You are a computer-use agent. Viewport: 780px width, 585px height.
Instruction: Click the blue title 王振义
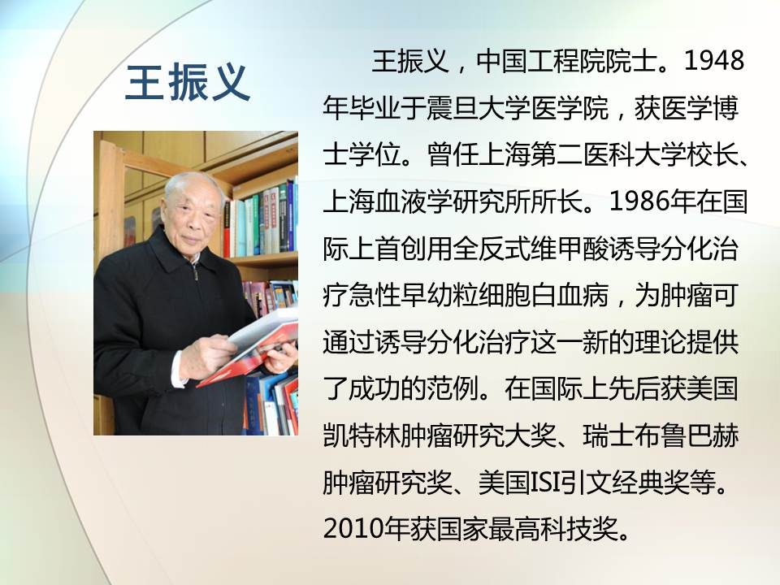coord(188,83)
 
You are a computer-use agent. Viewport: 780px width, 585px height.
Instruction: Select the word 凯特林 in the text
coord(362,435)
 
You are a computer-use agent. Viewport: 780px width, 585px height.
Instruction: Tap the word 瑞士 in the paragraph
coord(609,435)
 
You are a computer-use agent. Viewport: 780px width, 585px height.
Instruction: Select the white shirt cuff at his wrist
coord(178,369)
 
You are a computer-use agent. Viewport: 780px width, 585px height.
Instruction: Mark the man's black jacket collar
coord(179,253)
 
